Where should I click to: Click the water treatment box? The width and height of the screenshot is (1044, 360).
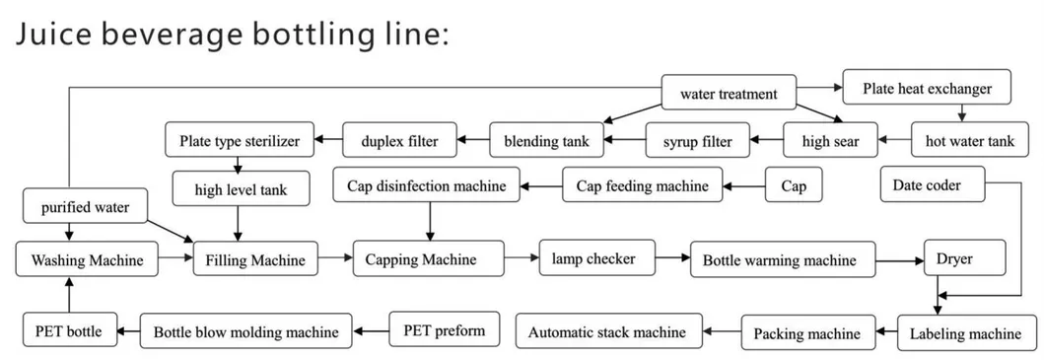click(729, 95)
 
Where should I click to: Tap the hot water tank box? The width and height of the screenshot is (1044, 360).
click(969, 141)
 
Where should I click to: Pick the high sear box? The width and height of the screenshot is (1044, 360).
click(830, 141)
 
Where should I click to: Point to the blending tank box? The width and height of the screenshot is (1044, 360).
click(546, 141)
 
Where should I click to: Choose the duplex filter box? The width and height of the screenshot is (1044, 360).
click(404, 140)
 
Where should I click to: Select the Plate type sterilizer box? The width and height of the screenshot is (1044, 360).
click(239, 140)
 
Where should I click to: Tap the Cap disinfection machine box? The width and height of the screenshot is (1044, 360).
click(426, 185)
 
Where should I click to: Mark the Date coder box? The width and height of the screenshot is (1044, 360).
click(927, 184)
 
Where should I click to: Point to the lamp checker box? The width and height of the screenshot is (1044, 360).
click(595, 259)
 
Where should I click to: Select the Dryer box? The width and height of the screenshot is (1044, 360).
click(963, 260)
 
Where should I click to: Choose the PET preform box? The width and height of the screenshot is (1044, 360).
click(445, 330)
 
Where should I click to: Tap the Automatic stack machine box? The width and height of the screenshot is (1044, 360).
click(606, 332)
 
